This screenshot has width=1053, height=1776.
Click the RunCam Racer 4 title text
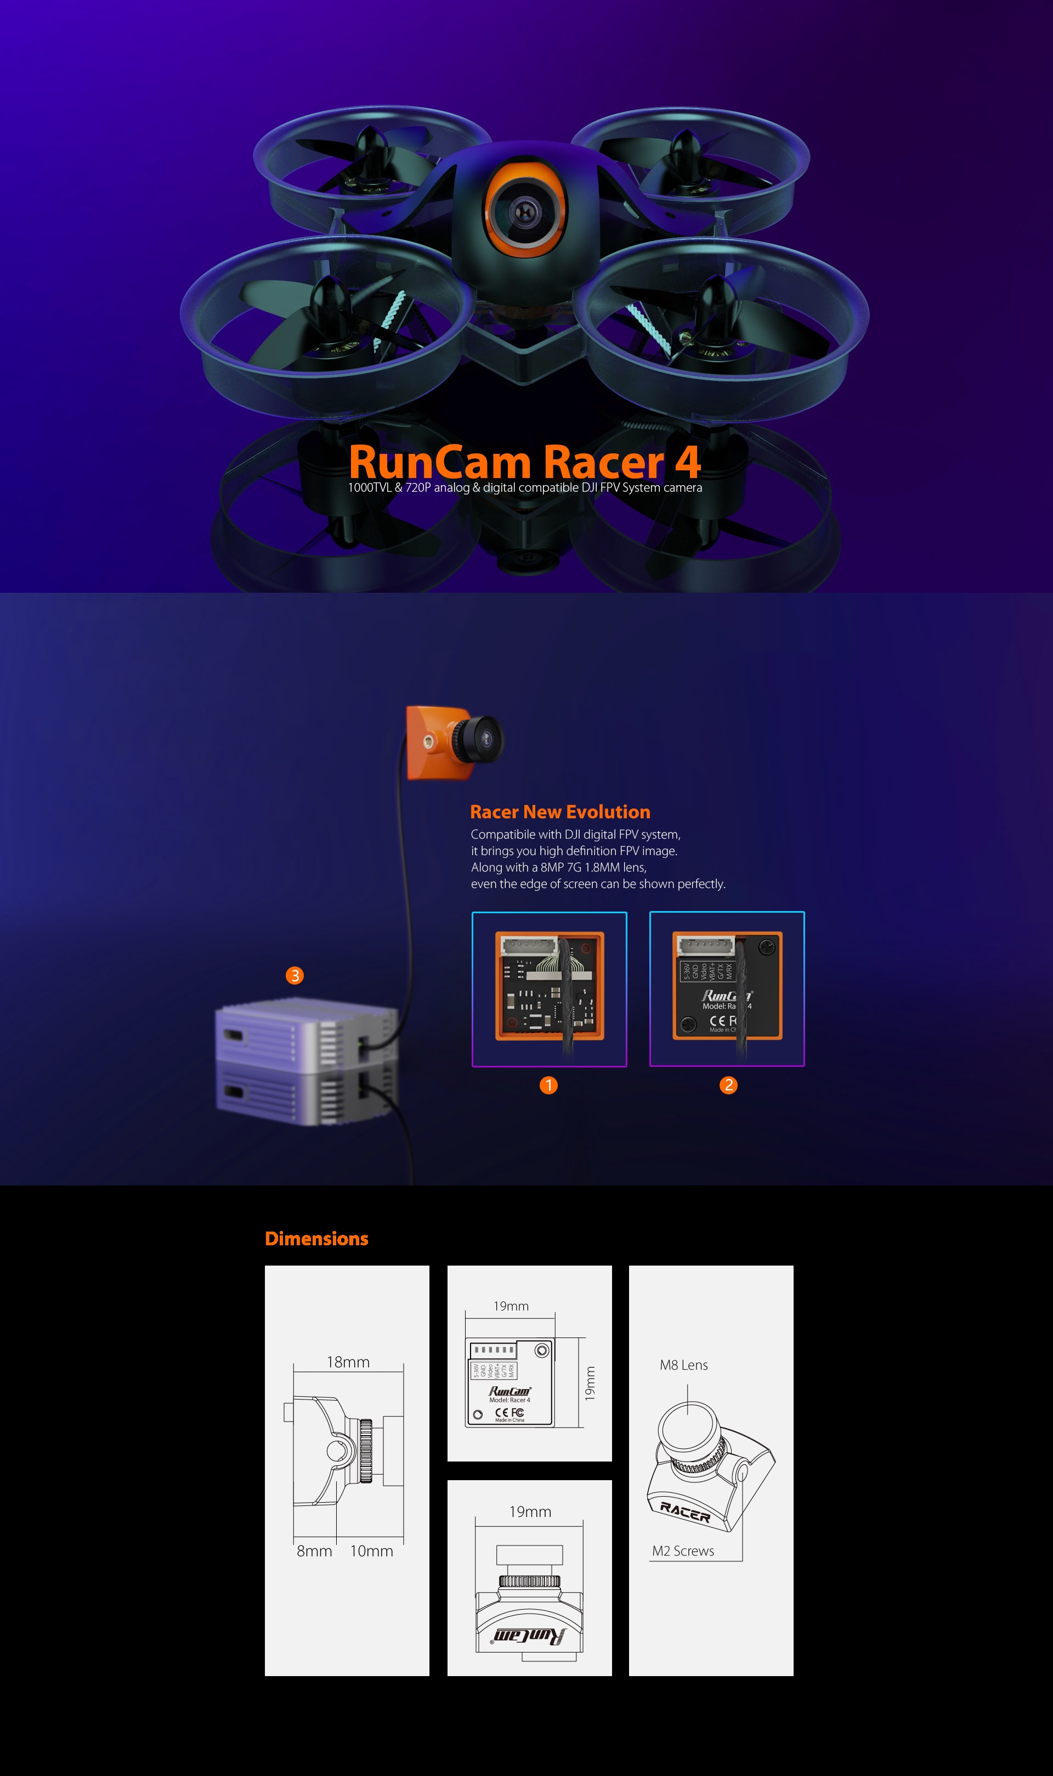point(524,462)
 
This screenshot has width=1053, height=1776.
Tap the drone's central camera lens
point(525,211)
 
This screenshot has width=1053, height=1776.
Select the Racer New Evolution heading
point(560,812)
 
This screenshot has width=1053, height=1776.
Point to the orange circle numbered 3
point(295,976)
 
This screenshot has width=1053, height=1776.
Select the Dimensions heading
point(316,1239)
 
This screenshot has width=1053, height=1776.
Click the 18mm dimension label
point(348,1362)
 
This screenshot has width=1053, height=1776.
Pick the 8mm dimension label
point(314,1551)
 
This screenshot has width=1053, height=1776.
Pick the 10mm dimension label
point(371,1551)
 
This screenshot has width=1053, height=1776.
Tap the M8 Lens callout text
point(683,1365)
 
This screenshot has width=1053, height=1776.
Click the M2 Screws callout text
point(683,1551)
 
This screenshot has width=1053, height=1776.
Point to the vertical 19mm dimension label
point(590,1384)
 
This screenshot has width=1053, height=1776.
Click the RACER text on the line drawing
point(685,1512)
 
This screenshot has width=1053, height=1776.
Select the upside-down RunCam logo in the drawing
point(529,1636)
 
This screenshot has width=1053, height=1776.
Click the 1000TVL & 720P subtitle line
point(524,488)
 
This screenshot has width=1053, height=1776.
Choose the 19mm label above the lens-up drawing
point(530,1512)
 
